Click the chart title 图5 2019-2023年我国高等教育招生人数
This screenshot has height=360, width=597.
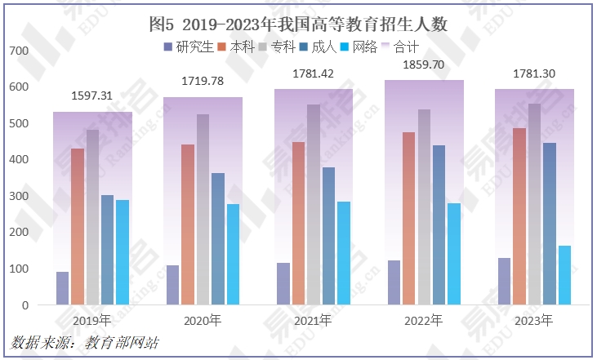(299, 24)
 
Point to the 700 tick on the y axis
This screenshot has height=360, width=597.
(18, 51)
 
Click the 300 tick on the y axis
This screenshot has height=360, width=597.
(18, 196)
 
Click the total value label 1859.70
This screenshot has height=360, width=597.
(424, 64)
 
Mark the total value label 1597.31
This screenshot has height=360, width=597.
(92, 96)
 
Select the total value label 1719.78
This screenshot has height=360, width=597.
(203, 82)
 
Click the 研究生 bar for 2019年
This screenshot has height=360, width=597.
(62, 288)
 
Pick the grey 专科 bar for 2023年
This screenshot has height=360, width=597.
(534, 204)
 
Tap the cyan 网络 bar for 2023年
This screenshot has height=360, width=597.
(564, 275)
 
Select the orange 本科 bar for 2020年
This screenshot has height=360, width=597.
(188, 224)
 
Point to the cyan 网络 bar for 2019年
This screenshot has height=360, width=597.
(123, 252)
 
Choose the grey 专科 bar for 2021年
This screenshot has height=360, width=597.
(314, 205)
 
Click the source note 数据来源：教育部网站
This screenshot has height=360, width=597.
(85, 343)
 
